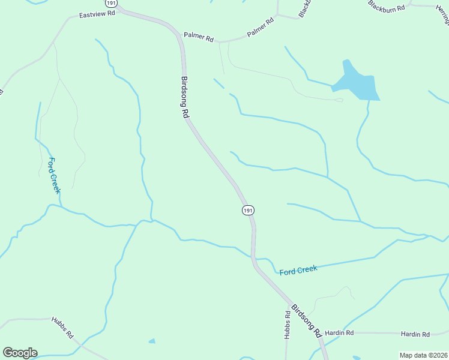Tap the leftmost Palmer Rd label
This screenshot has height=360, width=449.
pos(199,38)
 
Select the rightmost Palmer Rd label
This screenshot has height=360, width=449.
pos(261,28)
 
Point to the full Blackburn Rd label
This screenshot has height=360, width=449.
pos(388,6)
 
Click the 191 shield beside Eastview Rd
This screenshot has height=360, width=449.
pos(119,3)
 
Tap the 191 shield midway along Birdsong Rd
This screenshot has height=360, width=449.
pos(249,210)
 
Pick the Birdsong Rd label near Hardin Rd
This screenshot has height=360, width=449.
pos(306,321)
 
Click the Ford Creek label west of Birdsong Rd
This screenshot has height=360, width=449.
pos(54,175)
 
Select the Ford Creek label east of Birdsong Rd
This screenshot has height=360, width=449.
pos(298,270)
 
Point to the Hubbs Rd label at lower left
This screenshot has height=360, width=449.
pos(62,327)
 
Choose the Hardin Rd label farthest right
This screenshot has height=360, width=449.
pos(417,334)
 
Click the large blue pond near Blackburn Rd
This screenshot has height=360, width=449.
pos(357,82)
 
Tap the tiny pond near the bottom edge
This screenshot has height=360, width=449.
pos(152,341)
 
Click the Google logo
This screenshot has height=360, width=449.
pos(20,353)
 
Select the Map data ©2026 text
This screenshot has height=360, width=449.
pos(423,355)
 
